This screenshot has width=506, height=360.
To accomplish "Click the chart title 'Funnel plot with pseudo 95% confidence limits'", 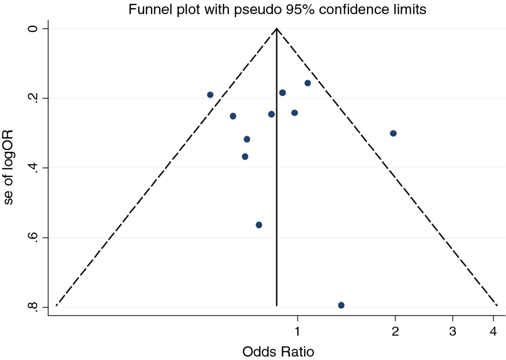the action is click(277, 10).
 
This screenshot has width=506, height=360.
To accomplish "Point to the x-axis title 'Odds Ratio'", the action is click(278, 352).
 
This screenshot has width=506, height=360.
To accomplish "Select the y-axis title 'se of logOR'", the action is click(8, 167).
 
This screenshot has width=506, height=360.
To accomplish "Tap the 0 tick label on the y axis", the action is click(33, 29).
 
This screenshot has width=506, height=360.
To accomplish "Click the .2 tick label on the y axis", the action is click(33, 98).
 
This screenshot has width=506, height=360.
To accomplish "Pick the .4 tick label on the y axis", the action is click(33, 168).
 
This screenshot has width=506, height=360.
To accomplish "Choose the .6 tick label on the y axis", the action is click(33, 238).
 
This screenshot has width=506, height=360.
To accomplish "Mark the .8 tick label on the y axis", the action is click(33, 307).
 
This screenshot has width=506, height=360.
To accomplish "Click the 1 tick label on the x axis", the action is click(298, 331).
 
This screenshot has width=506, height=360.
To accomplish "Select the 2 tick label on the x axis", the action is click(396, 331).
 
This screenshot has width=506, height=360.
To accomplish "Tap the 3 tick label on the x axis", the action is click(453, 331).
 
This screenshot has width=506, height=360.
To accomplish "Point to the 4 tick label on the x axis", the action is click(493, 331).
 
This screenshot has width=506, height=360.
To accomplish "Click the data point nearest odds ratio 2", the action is click(393, 133).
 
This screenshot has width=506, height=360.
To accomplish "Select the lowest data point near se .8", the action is click(341, 305).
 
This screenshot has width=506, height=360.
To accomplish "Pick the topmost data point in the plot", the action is click(308, 83).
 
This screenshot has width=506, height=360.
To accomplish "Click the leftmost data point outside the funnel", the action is click(210, 94).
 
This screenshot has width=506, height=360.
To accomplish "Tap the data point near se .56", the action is click(259, 225).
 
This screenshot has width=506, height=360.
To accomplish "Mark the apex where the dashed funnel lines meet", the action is click(277, 29).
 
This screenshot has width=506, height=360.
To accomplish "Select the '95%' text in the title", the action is click(300, 10).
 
